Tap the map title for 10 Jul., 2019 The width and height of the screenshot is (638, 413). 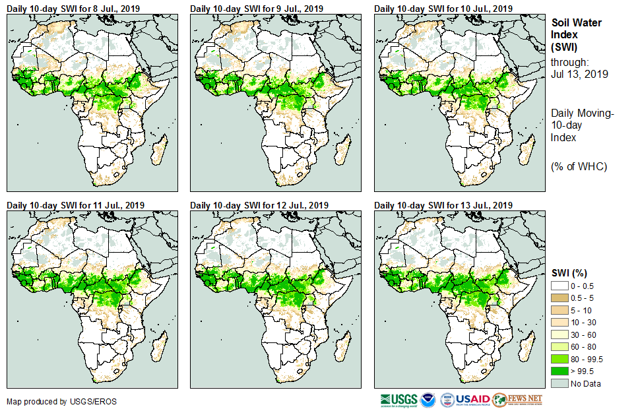tap(443, 8)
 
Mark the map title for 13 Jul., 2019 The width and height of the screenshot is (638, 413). tap(443, 205)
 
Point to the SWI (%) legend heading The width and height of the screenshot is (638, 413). tap(569, 273)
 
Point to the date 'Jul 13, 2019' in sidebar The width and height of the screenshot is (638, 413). tap(577, 74)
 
